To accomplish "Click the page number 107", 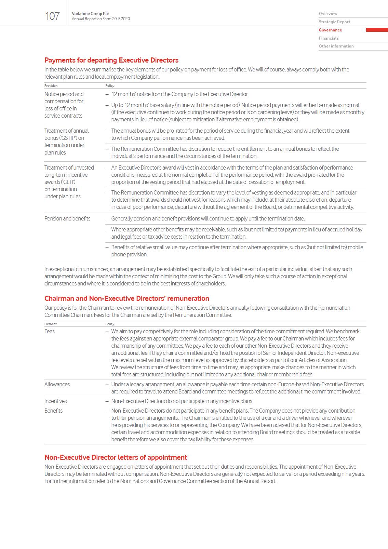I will [x=52, y=16].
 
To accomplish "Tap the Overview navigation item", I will [x=328, y=14].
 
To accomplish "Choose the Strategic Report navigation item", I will [x=334, y=22].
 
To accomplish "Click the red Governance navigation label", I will [x=330, y=30].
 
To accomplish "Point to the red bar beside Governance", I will [x=377, y=30].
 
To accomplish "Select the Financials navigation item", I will [x=329, y=38].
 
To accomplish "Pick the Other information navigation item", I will [x=336, y=46].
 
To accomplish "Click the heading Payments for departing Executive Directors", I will [x=111, y=60].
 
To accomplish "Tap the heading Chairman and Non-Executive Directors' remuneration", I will [x=127, y=298].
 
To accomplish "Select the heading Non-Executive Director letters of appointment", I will [x=116, y=457].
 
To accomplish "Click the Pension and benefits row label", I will [x=67, y=218].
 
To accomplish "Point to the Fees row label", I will [x=50, y=331].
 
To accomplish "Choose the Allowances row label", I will [x=57, y=384].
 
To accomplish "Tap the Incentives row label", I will [x=56, y=401].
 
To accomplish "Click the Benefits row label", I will [x=54, y=411].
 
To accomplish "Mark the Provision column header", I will [x=51, y=86].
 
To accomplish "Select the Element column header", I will [x=51, y=324].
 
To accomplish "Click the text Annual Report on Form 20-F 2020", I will [x=101, y=19].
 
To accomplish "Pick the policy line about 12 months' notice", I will [x=180, y=94].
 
